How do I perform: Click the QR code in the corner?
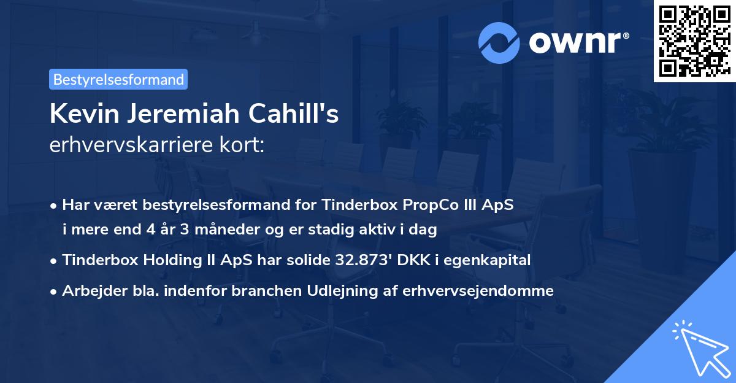tap(694, 41)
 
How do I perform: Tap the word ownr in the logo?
tap(578, 41)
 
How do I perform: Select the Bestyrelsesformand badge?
tap(118, 79)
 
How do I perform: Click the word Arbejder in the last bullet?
tap(89, 290)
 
